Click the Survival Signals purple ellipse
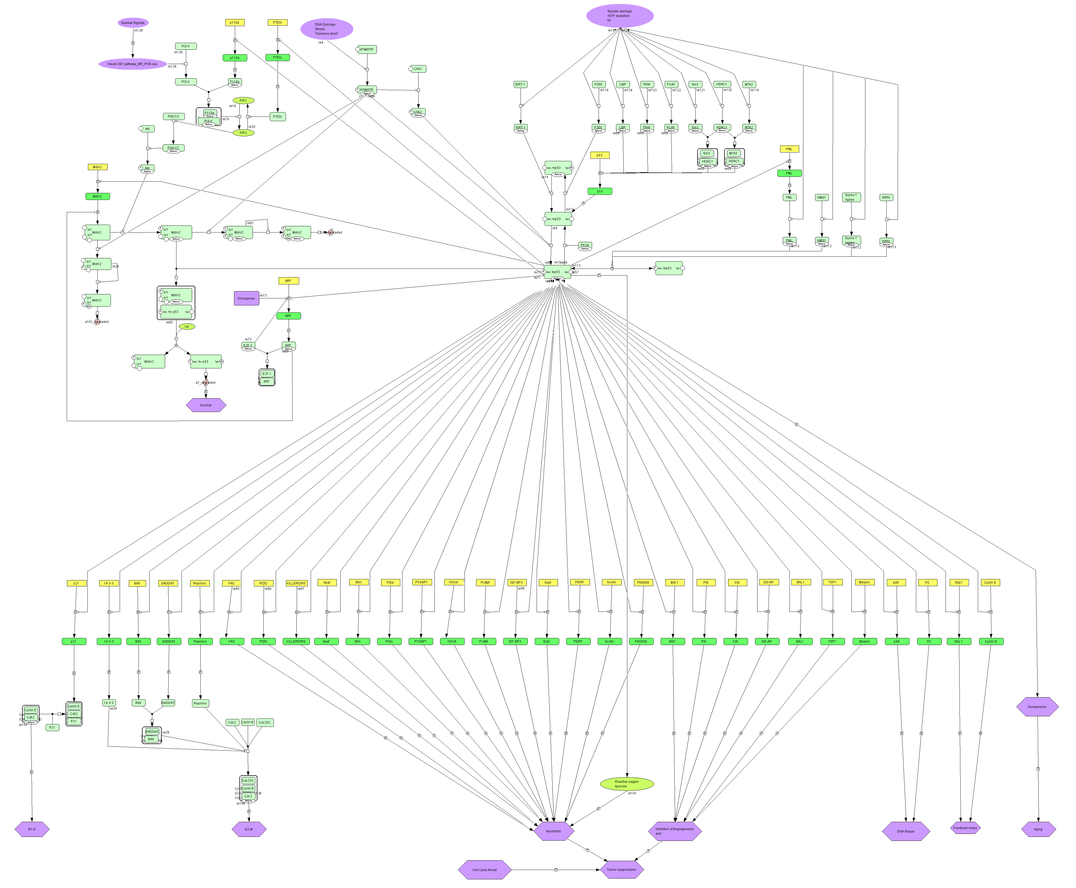[133, 23]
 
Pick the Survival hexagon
[206, 405]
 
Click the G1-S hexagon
[32, 829]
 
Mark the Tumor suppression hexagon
[621, 870]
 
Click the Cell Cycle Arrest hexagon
[484, 870]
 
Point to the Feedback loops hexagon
[965, 828]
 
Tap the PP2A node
[585, 246]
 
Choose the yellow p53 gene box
[599, 155]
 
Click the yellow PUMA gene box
[485, 583]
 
